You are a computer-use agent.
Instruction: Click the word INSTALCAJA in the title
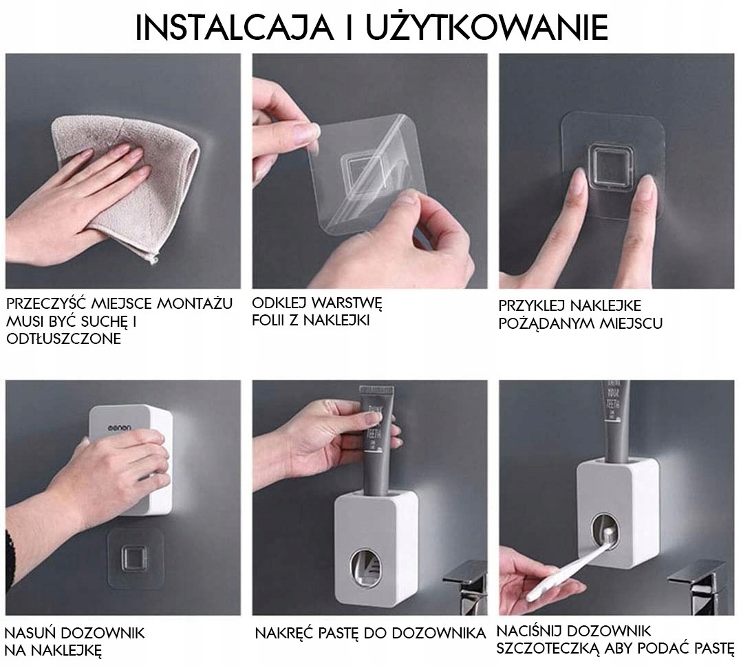[x=234, y=28]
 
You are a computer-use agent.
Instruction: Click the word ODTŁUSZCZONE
[x=64, y=338]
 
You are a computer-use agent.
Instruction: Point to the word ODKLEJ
[x=279, y=303]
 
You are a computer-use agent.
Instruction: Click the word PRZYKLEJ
[x=532, y=305]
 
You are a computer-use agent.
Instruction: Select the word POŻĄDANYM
[x=546, y=323]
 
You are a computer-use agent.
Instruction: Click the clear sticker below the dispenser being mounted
[x=135, y=558]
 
